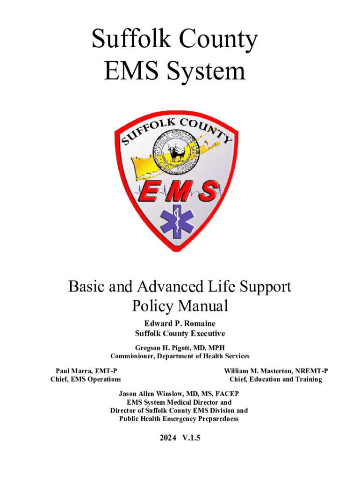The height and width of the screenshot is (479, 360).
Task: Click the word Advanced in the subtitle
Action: click(x=176, y=286)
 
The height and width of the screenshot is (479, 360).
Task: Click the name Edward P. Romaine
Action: click(x=180, y=323)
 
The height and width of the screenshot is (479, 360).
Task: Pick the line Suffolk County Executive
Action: click(x=180, y=334)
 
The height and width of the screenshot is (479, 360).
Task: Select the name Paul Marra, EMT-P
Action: click(x=83, y=370)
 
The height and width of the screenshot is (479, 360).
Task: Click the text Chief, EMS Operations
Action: click(x=86, y=379)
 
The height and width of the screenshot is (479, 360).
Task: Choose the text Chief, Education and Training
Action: click(x=275, y=379)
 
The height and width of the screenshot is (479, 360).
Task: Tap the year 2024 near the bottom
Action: click(x=167, y=438)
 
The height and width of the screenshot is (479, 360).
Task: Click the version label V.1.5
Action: click(x=191, y=438)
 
